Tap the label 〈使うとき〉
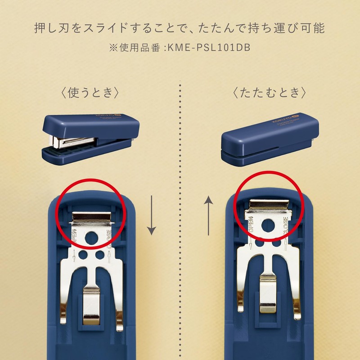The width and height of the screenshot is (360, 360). (x=90, y=93)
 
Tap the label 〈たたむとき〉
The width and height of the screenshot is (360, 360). (x=270, y=93)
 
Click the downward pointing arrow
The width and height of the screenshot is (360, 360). (x=152, y=215)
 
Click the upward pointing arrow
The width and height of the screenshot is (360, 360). (x=208, y=215)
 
